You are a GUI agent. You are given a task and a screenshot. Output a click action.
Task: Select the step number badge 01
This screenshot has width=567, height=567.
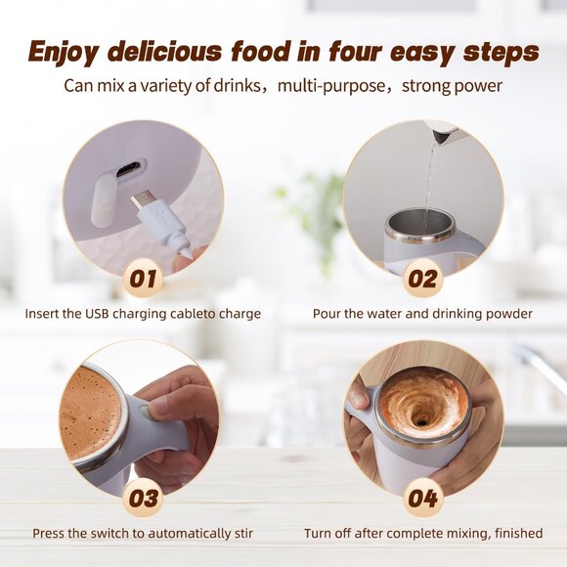tap(143, 279)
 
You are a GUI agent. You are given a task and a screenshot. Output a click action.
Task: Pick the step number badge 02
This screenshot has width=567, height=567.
tap(422, 279)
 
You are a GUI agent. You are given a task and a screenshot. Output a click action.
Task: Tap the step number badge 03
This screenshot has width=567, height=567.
tap(143, 499)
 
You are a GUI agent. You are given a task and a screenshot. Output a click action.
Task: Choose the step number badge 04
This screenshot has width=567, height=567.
tap(422, 499)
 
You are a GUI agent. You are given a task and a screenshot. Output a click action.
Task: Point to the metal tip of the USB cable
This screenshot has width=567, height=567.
tap(141, 200)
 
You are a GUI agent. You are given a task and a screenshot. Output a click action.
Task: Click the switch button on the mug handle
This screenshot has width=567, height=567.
tap(145, 410)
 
